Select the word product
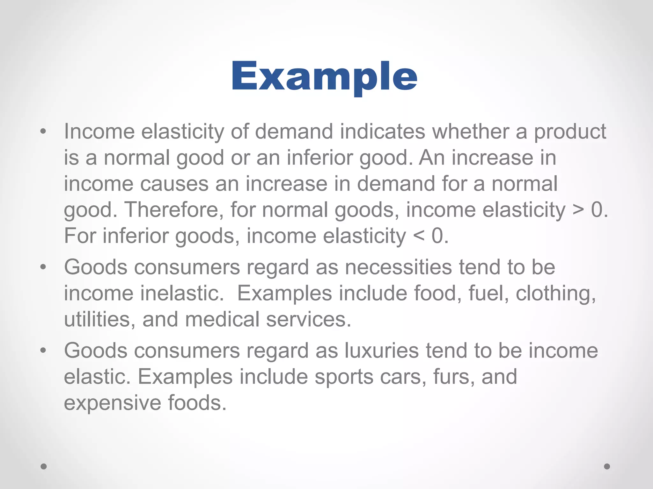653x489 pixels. pos(570,131)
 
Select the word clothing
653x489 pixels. pos(556,294)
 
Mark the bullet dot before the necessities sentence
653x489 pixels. pos(43,267)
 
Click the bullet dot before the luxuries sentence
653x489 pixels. pos(43,351)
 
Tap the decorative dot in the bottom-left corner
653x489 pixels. pos(44,466)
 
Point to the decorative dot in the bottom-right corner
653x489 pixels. pos(607,466)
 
